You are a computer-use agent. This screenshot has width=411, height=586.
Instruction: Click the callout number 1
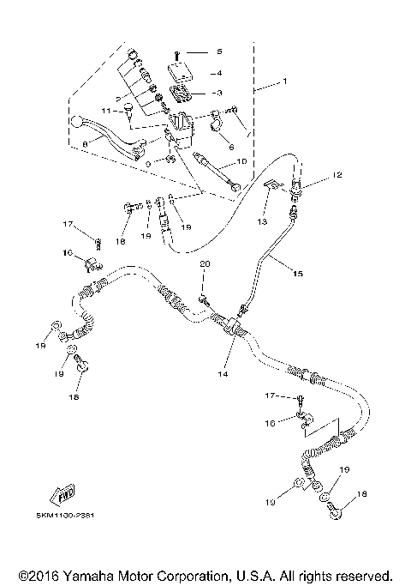coord(287,84)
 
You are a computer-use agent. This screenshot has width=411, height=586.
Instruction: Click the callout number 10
coord(241,160)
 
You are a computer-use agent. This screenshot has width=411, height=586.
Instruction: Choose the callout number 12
coord(337,175)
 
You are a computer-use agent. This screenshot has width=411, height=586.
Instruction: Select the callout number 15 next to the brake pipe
coord(298,275)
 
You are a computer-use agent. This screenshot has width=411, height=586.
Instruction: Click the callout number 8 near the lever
coord(85,144)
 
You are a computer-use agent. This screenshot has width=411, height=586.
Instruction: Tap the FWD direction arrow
coord(65,495)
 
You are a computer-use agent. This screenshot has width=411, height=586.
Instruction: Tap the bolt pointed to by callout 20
coord(205,299)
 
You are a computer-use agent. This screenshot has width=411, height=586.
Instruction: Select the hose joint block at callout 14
coord(231,326)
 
